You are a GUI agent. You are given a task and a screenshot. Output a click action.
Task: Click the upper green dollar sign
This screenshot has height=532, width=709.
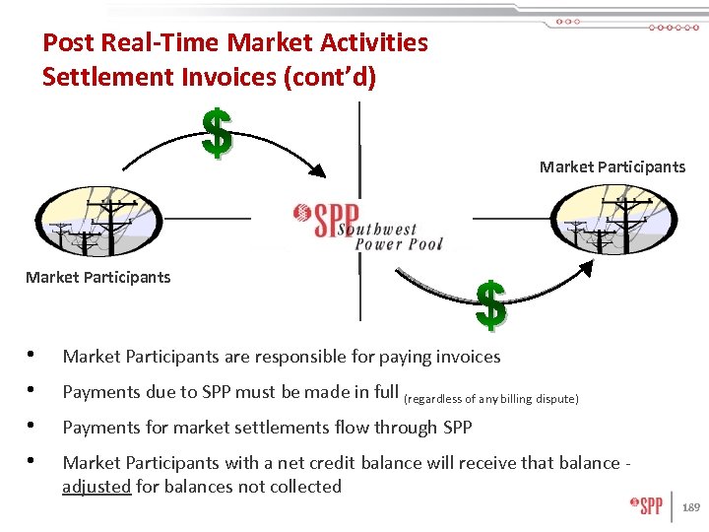pyautogui.click(x=217, y=133)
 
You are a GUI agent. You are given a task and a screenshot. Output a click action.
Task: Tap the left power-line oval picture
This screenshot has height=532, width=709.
pyautogui.click(x=96, y=223)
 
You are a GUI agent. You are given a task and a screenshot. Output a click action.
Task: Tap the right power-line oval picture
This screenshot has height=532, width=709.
pyautogui.click(x=613, y=222)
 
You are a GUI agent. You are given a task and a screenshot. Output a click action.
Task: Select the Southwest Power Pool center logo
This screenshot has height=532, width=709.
pyautogui.click(x=368, y=226)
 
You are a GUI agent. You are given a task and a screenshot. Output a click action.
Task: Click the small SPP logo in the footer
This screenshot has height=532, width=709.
pyautogui.click(x=647, y=506)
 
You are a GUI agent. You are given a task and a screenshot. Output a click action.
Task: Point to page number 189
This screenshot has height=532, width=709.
pyautogui.click(x=691, y=507)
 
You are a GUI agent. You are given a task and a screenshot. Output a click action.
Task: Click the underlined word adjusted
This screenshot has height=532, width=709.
pyautogui.click(x=97, y=487)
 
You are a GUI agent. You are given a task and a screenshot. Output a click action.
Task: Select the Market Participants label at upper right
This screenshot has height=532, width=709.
pyautogui.click(x=612, y=166)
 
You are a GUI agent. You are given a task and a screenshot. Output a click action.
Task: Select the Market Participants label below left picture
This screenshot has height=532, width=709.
pyautogui.click(x=97, y=277)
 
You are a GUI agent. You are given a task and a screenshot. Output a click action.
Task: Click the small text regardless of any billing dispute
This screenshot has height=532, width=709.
pyautogui.click(x=492, y=398)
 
